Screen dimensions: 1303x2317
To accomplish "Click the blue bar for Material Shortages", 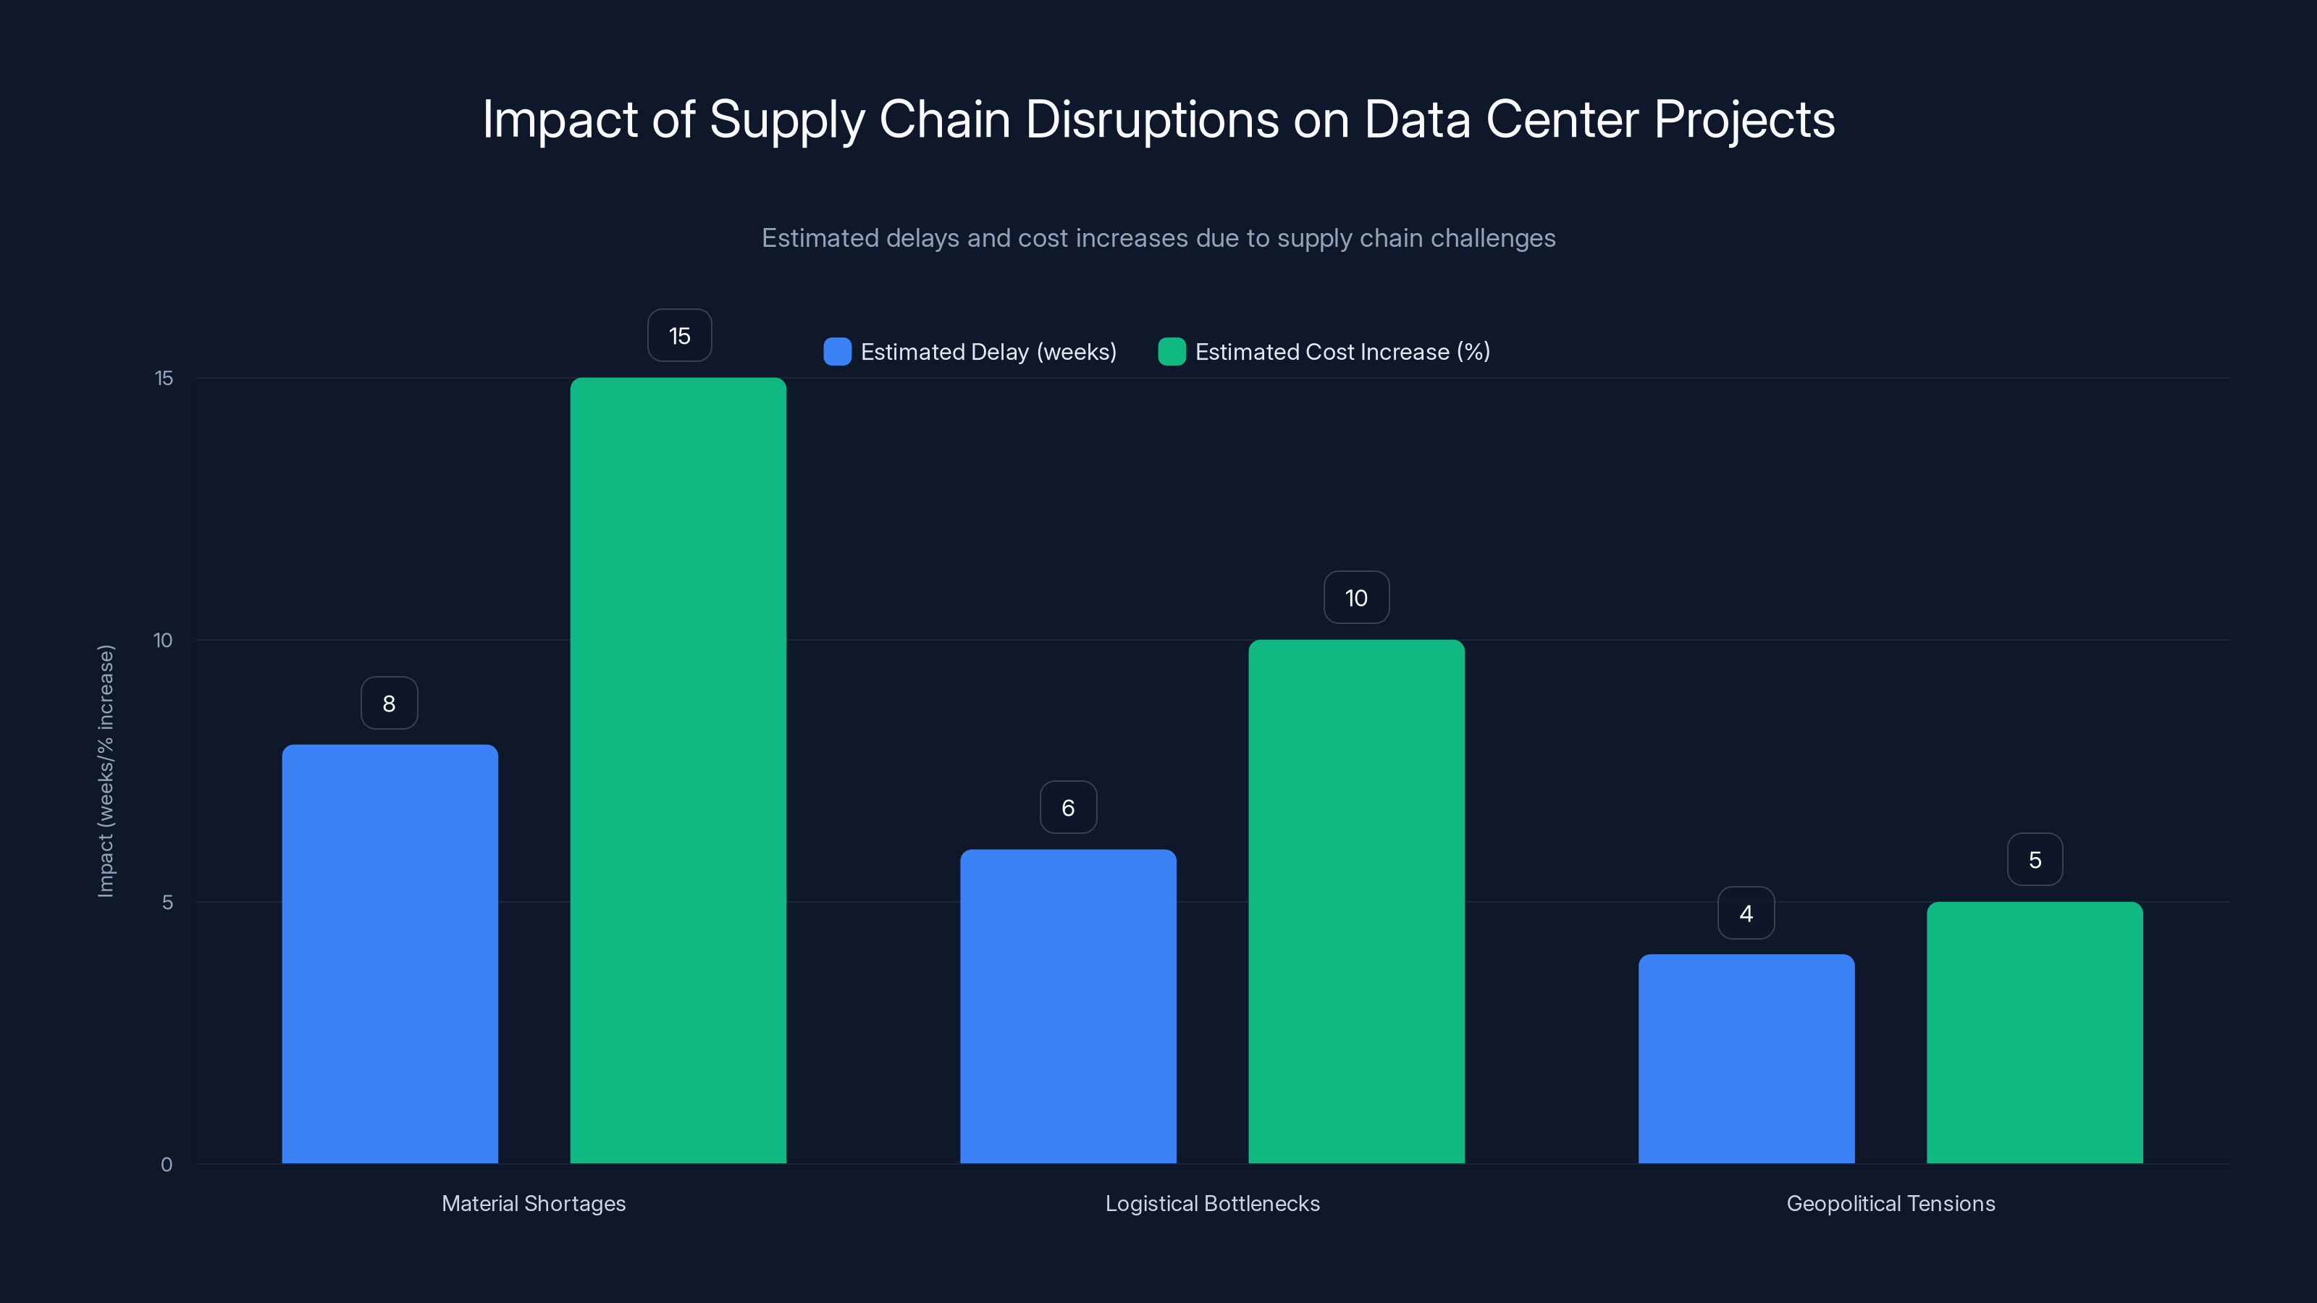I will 390,953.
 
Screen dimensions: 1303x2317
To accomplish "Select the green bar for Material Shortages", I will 678,769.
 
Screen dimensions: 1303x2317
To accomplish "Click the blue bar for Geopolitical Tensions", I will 1746,1058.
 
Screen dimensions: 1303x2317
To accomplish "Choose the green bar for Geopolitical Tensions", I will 2035,1032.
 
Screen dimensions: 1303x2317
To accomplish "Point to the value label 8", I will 389,703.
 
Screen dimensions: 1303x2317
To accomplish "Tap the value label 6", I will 1068,808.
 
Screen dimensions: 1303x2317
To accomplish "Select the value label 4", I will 1746,914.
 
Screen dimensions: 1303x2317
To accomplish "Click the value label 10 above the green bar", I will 1356,598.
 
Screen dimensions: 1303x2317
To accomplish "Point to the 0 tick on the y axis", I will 167,1165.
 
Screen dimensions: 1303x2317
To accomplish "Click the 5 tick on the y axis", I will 167,902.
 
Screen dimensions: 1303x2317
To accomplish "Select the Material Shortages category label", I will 534,1203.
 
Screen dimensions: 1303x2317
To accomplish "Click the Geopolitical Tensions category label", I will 1891,1203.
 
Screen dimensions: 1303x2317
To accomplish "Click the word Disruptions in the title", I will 1151,119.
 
